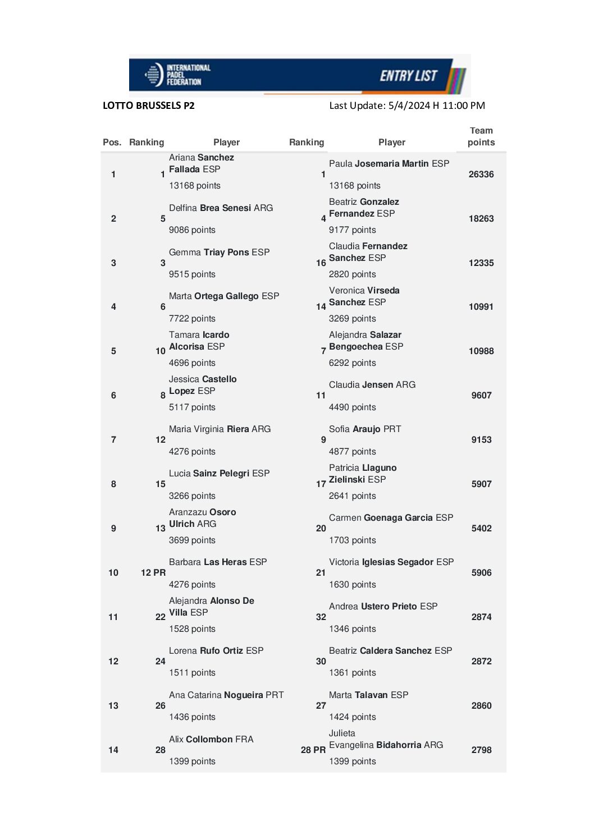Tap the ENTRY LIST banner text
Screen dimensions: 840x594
point(408,76)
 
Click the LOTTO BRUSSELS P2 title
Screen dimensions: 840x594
point(149,105)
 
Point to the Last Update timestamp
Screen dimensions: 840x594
point(407,105)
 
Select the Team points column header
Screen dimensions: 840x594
point(481,136)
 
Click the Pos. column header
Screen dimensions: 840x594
point(112,143)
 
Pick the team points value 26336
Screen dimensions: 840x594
point(481,175)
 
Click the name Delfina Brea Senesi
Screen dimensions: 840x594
point(221,208)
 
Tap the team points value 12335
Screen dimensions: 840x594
point(481,263)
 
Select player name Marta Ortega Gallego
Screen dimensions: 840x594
point(223,296)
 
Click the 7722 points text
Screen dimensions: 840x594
point(192,319)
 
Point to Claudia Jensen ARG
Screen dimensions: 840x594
point(372,385)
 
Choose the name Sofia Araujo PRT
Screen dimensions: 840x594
point(365,429)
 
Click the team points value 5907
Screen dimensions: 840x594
point(481,484)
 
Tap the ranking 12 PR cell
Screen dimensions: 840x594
point(153,573)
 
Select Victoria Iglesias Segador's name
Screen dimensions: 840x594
point(391,562)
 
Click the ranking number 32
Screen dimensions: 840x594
point(321,617)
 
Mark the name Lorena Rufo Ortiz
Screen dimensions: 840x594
point(216,651)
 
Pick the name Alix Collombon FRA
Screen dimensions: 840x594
point(211,740)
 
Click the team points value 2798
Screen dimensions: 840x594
point(481,750)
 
